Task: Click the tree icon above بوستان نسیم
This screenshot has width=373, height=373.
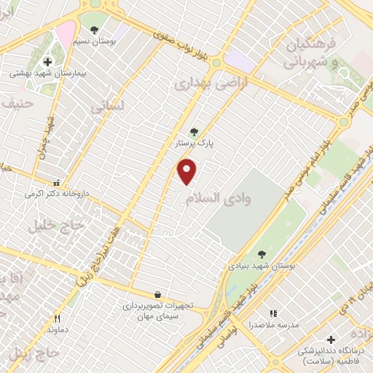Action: click(x=94, y=30)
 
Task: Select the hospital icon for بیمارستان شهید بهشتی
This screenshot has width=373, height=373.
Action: click(x=47, y=63)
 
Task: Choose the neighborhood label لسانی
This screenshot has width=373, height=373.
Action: click(x=107, y=106)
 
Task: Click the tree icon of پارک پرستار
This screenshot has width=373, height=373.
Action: click(x=193, y=132)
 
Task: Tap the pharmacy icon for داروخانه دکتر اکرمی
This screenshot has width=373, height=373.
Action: click(x=57, y=183)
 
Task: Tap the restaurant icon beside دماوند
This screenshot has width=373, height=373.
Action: click(x=57, y=318)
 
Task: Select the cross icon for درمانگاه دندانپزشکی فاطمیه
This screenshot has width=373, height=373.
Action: click(x=331, y=339)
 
